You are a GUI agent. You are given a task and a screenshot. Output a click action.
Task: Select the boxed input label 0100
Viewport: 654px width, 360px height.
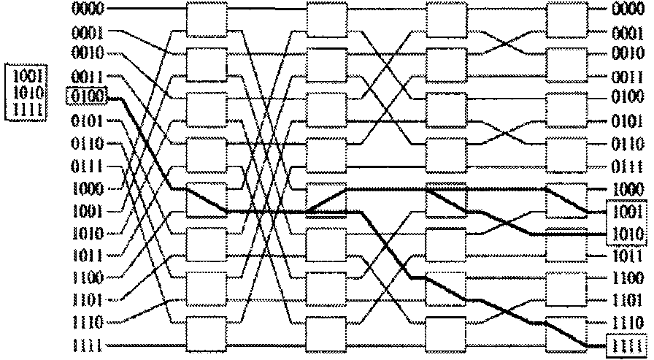(x=88, y=95)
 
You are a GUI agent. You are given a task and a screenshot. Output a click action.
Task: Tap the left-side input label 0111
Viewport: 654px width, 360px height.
(x=88, y=166)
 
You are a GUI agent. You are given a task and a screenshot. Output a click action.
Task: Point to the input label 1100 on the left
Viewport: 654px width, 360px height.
(x=88, y=277)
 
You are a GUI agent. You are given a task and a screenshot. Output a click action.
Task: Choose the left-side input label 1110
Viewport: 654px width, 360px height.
(x=88, y=322)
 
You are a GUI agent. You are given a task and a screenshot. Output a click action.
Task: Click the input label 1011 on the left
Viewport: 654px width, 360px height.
(x=88, y=256)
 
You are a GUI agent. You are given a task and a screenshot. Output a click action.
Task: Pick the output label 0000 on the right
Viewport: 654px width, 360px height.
(x=627, y=9)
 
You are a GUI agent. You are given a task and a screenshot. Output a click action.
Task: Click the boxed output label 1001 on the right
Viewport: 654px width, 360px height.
(x=627, y=212)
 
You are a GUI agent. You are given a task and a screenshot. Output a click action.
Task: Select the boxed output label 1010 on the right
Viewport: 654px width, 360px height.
(x=627, y=234)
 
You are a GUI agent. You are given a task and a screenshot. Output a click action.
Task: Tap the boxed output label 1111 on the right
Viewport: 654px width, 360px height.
(x=627, y=345)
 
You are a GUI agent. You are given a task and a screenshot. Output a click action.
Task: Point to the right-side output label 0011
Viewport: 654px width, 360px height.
(x=627, y=76)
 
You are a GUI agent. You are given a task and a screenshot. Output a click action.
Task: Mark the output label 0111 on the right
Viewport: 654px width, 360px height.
(x=627, y=166)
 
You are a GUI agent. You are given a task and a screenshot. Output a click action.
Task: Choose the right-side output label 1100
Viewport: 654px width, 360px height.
(x=627, y=279)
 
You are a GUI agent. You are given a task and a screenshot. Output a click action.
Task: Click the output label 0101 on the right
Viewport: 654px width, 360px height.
(x=627, y=120)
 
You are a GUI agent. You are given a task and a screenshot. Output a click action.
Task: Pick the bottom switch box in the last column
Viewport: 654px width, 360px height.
(x=566, y=334)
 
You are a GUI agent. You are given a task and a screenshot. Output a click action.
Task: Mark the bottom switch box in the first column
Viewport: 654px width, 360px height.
(x=207, y=334)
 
